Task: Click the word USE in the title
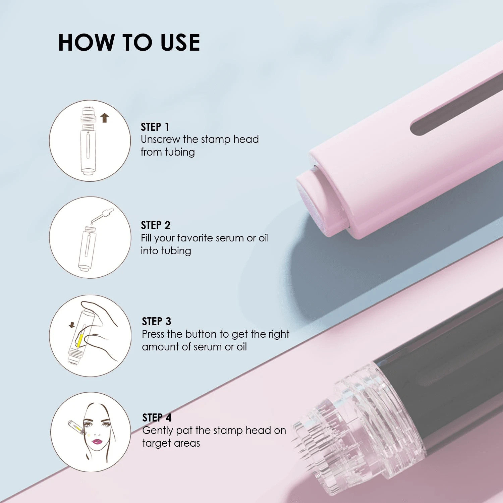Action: (180, 43)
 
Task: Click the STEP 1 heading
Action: (155, 127)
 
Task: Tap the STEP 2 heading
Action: (155, 225)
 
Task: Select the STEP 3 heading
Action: (156, 321)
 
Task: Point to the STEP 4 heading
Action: (157, 417)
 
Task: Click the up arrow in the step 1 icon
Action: (105, 118)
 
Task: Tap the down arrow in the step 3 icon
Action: (72, 325)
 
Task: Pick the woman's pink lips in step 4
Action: (97, 441)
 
